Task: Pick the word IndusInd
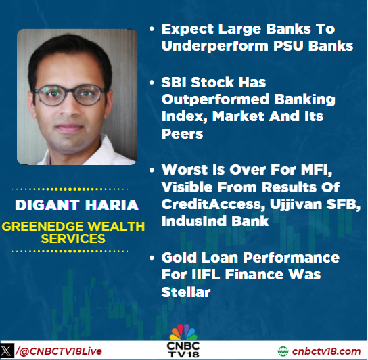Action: (x=193, y=221)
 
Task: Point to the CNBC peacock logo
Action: (x=183, y=334)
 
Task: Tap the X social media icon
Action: (x=7, y=351)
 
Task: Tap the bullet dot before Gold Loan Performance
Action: (x=154, y=258)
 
